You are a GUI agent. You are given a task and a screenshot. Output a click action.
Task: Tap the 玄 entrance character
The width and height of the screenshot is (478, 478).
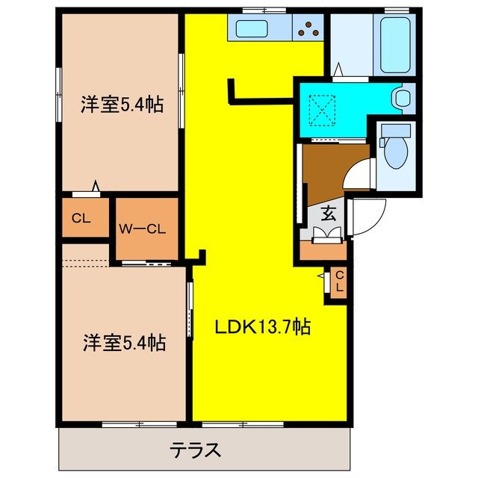click(x=328, y=213)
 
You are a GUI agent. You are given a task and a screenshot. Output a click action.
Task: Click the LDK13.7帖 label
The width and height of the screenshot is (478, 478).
click(x=263, y=326)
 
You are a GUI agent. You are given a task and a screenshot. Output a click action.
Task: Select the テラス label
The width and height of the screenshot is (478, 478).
click(x=196, y=450)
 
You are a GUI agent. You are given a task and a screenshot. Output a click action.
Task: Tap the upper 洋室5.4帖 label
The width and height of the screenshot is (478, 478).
click(x=122, y=105)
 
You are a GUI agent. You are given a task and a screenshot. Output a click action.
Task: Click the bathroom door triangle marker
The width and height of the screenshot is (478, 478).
click(x=338, y=70)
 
